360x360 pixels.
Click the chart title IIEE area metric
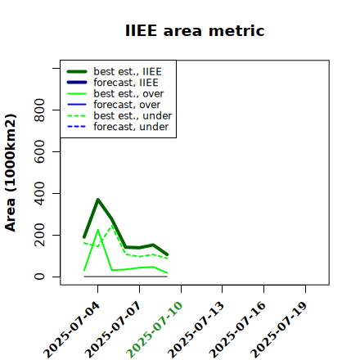click(195, 30)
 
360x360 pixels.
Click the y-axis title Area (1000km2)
click(11, 173)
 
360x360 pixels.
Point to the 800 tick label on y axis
click(39, 110)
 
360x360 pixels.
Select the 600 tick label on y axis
click(39, 151)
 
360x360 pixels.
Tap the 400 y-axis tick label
click(39, 193)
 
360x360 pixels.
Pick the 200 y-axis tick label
click(39, 235)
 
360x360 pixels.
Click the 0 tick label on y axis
click(39, 277)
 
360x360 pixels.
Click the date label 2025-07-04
click(71, 330)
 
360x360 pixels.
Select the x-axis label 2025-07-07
click(113, 330)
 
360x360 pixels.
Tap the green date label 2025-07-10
click(155, 330)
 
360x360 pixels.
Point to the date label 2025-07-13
click(196, 330)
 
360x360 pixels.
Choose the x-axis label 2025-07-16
click(237, 330)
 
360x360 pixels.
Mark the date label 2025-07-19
click(279, 330)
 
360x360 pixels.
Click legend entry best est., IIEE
click(115, 71)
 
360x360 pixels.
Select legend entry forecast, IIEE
click(113, 83)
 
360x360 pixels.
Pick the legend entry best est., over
click(115, 93)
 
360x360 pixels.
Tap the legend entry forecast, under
click(118, 127)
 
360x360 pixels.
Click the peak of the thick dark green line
click(98, 200)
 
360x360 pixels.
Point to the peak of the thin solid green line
click(98, 230)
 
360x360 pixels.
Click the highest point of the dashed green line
click(112, 226)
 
